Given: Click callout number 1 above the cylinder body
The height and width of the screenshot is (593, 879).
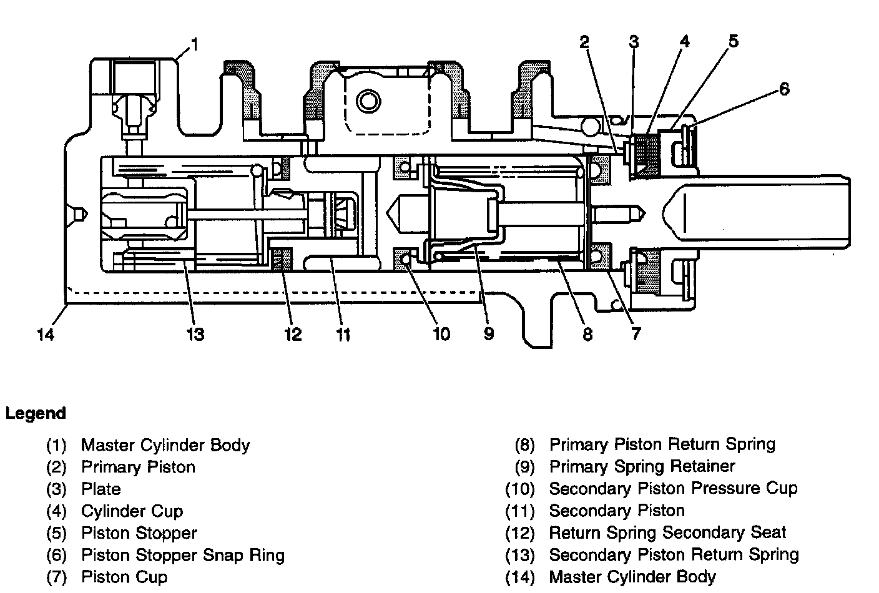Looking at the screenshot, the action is (x=195, y=44).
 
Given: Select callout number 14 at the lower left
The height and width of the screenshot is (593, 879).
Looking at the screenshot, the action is (x=46, y=335).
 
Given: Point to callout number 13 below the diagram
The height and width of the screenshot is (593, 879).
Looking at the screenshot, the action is (x=195, y=335).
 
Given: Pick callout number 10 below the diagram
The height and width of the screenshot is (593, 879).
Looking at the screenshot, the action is (x=441, y=335).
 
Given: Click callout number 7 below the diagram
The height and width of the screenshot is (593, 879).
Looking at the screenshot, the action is (x=636, y=334).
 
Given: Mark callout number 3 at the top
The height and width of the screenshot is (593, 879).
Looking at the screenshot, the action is (x=634, y=42).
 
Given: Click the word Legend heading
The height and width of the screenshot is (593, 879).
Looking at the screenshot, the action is (x=36, y=413).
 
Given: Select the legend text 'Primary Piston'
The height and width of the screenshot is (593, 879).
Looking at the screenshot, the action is (x=138, y=467).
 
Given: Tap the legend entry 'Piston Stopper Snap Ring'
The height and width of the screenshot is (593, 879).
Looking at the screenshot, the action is (x=183, y=555).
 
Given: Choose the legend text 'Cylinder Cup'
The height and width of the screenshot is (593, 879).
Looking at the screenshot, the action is (x=132, y=511).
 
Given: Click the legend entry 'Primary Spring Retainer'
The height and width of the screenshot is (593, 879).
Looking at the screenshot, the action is (x=642, y=466).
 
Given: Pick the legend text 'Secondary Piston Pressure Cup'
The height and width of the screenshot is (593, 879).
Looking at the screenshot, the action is (x=674, y=488).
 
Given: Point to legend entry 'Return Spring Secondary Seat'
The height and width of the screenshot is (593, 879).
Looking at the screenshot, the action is (x=667, y=532).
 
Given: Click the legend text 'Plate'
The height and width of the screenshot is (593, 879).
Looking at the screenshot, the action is (x=101, y=489).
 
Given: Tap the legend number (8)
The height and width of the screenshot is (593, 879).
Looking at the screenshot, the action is (x=525, y=444).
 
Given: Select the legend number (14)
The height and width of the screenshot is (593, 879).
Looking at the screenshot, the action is (x=520, y=577).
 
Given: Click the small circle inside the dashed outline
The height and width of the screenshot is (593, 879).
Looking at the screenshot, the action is (x=368, y=101).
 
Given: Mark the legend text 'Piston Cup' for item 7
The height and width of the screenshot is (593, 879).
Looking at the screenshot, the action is (x=124, y=577).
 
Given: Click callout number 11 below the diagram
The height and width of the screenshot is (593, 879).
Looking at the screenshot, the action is (x=343, y=335).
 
